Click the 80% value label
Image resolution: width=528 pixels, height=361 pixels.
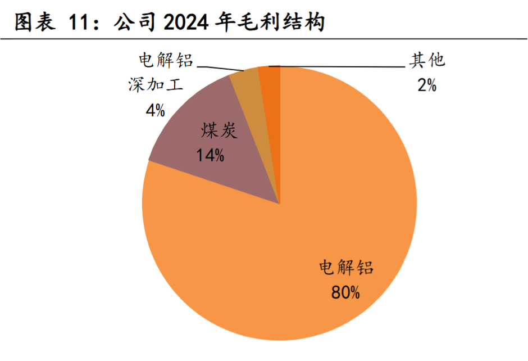345,292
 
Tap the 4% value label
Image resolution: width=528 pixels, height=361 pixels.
155,110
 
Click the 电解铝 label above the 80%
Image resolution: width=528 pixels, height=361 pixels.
346,267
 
